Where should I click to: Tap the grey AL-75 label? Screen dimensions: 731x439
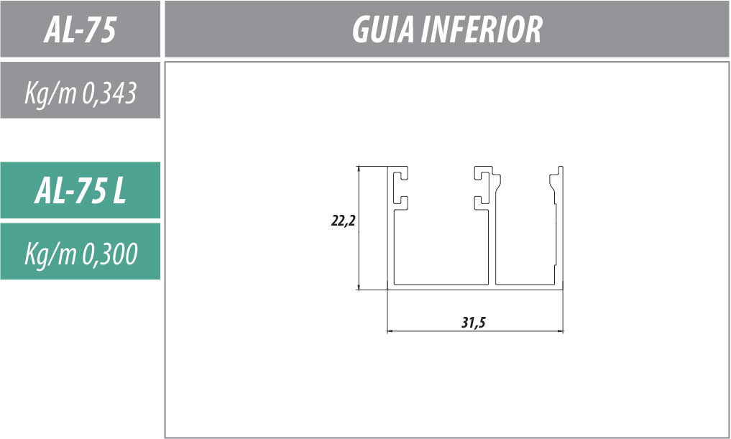[80, 30]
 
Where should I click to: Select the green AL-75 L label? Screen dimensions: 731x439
[81, 190]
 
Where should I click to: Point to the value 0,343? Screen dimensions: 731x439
[109, 93]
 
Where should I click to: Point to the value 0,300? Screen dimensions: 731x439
[110, 254]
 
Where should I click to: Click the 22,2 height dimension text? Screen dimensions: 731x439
[343, 221]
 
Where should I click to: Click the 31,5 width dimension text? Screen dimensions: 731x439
[474, 323]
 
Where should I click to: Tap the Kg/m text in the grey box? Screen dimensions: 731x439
[50, 94]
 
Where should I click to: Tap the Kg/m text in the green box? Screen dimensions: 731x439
[50, 255]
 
